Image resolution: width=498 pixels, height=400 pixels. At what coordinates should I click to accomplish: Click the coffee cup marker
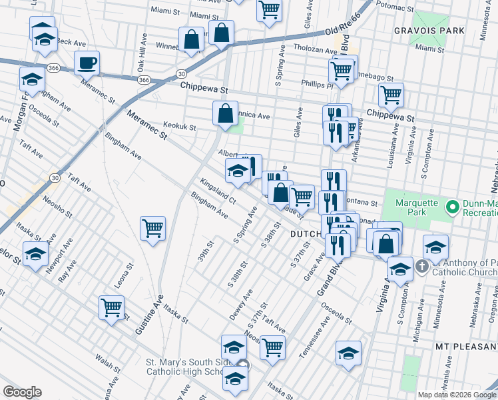coord(87,64)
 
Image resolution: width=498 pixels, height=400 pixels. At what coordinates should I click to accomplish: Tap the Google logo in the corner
coord(22,392)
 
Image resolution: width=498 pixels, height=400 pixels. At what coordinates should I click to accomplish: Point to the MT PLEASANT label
coord(466,347)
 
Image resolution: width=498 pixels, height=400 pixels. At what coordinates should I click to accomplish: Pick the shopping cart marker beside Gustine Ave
coord(153,229)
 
